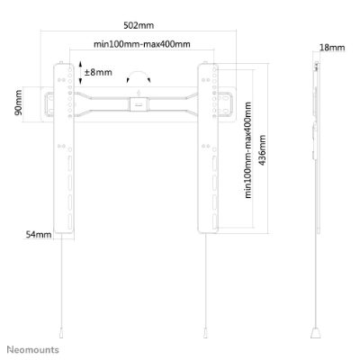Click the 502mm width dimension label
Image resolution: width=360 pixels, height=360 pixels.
coord(139,25)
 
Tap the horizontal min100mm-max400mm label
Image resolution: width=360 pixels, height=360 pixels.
coord(142,44)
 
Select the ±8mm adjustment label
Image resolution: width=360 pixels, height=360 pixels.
coord(98,72)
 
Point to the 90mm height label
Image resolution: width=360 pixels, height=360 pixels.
coord(18,103)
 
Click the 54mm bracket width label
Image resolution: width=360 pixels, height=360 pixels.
coord(39,234)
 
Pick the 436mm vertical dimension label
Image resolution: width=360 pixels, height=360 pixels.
coord(262,150)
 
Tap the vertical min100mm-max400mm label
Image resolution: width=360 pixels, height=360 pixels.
coord(247,150)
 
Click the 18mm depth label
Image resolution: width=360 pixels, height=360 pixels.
coord(332,48)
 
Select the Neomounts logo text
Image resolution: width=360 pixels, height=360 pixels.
coord(33,350)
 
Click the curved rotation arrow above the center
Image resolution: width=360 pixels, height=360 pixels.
coord(139,73)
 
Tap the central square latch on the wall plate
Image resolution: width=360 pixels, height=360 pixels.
coord(139,104)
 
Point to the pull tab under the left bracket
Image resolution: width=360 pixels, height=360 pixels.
coord(61,333)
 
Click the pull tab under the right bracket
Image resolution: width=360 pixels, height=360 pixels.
coord(205,333)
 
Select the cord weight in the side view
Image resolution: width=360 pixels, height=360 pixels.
coord(316,333)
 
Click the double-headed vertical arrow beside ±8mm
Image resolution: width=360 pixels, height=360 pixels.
coord(80,72)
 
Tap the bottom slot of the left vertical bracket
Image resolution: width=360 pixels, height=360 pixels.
coord(69,222)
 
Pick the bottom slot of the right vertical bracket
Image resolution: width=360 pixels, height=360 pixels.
coord(215,222)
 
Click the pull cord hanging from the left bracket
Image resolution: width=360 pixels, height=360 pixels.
coord(61,281)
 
